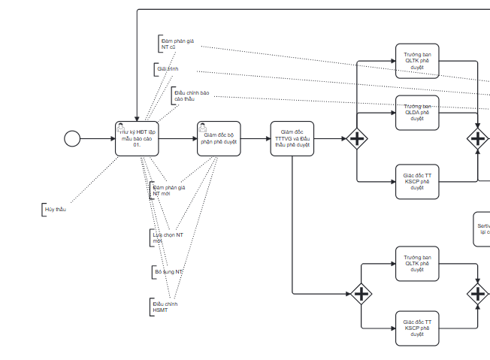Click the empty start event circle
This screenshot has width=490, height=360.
72,138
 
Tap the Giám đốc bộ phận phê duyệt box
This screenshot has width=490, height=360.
219,139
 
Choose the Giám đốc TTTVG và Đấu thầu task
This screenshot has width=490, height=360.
292,138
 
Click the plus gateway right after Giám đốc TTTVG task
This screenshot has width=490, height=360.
357,138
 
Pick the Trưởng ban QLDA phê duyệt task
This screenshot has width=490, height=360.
417,113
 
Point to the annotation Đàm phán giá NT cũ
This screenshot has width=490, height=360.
177,44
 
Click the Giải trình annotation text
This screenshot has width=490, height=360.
168,69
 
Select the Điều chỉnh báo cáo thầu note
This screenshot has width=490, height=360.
191,96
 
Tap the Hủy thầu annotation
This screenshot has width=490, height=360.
55,209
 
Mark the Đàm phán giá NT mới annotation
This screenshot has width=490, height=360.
168,191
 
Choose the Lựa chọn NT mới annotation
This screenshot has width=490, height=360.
168,237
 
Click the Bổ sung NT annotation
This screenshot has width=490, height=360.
168,271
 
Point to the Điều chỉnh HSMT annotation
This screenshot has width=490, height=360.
165,307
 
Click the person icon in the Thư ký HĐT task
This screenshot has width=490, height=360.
120,127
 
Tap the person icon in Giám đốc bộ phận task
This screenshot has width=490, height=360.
202,127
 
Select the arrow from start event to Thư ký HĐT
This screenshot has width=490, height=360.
97,138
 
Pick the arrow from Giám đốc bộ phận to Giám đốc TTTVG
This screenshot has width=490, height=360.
256,138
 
